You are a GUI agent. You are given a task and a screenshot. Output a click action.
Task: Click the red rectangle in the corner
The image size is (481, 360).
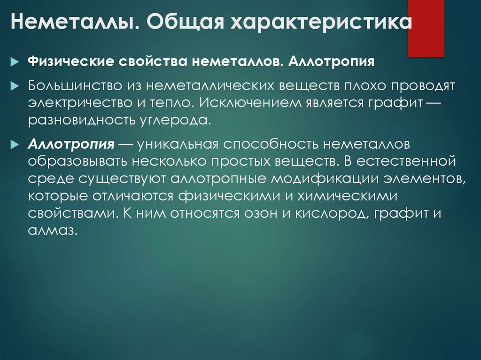(426, 28)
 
